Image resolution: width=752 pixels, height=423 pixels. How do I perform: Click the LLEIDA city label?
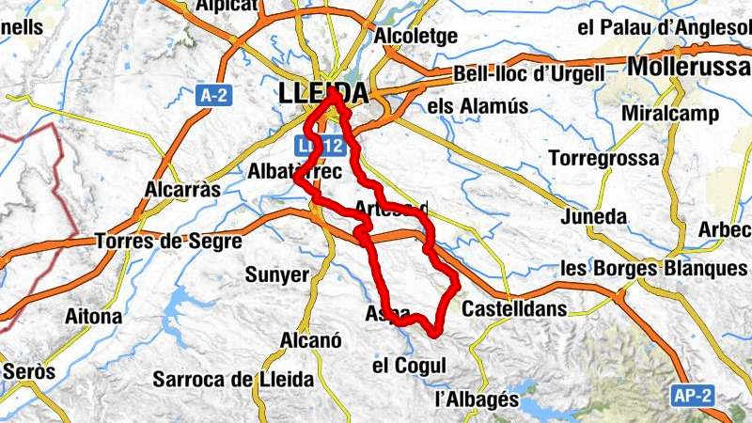323,92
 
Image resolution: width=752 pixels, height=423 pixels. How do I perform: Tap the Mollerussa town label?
688,67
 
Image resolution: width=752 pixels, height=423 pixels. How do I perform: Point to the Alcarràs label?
182,189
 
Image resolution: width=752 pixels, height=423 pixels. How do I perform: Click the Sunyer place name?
276,274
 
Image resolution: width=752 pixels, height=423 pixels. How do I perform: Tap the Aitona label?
93,317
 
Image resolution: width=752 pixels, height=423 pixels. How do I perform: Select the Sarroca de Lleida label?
232,380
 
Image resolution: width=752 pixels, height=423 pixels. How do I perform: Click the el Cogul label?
407,365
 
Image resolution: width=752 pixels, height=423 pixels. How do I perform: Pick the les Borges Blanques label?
653,268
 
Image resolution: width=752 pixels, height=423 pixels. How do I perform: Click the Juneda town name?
592,217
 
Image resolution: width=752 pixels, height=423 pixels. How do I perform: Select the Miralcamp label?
670,114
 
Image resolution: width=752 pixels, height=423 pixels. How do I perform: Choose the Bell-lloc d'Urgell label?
528,73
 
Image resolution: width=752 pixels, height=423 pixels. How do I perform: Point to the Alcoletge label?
415,36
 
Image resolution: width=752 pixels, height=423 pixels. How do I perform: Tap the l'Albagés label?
478,399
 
